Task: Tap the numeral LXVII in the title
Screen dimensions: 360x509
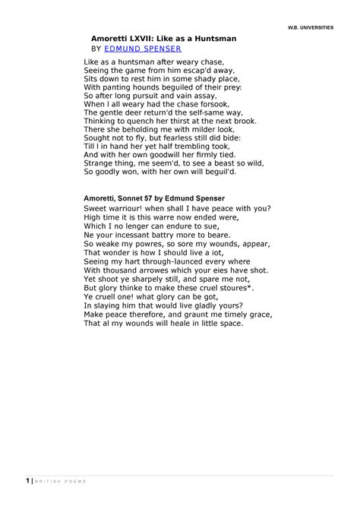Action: click(139, 36)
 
